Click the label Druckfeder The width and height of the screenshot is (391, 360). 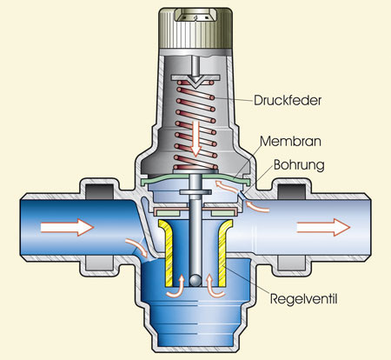288,100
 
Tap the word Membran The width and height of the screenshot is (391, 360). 290,142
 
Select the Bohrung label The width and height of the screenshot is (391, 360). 299,165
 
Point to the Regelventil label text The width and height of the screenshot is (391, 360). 304,299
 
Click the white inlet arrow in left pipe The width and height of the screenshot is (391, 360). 67,227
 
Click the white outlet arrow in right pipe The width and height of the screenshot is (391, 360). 323,227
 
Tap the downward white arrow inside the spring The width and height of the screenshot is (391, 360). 196,138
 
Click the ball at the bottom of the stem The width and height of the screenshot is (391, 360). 195,280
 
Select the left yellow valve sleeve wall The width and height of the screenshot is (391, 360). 166,252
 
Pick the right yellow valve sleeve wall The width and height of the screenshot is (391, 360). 225,252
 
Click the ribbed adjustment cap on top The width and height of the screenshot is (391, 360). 195,28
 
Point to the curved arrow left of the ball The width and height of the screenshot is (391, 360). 176,288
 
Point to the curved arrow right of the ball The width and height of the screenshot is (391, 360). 215,288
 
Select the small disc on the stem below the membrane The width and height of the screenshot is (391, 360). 195,192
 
